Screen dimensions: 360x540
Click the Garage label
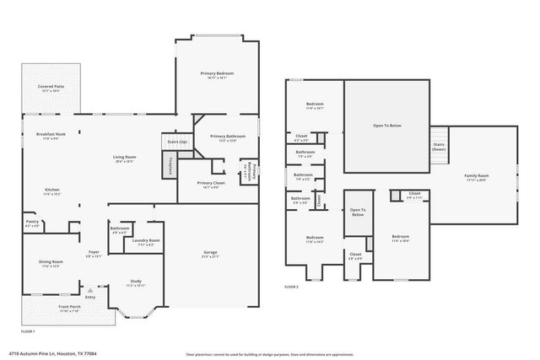211,254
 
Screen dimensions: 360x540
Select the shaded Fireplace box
168,167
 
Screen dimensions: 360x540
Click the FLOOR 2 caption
291,288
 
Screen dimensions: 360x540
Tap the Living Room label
126,158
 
